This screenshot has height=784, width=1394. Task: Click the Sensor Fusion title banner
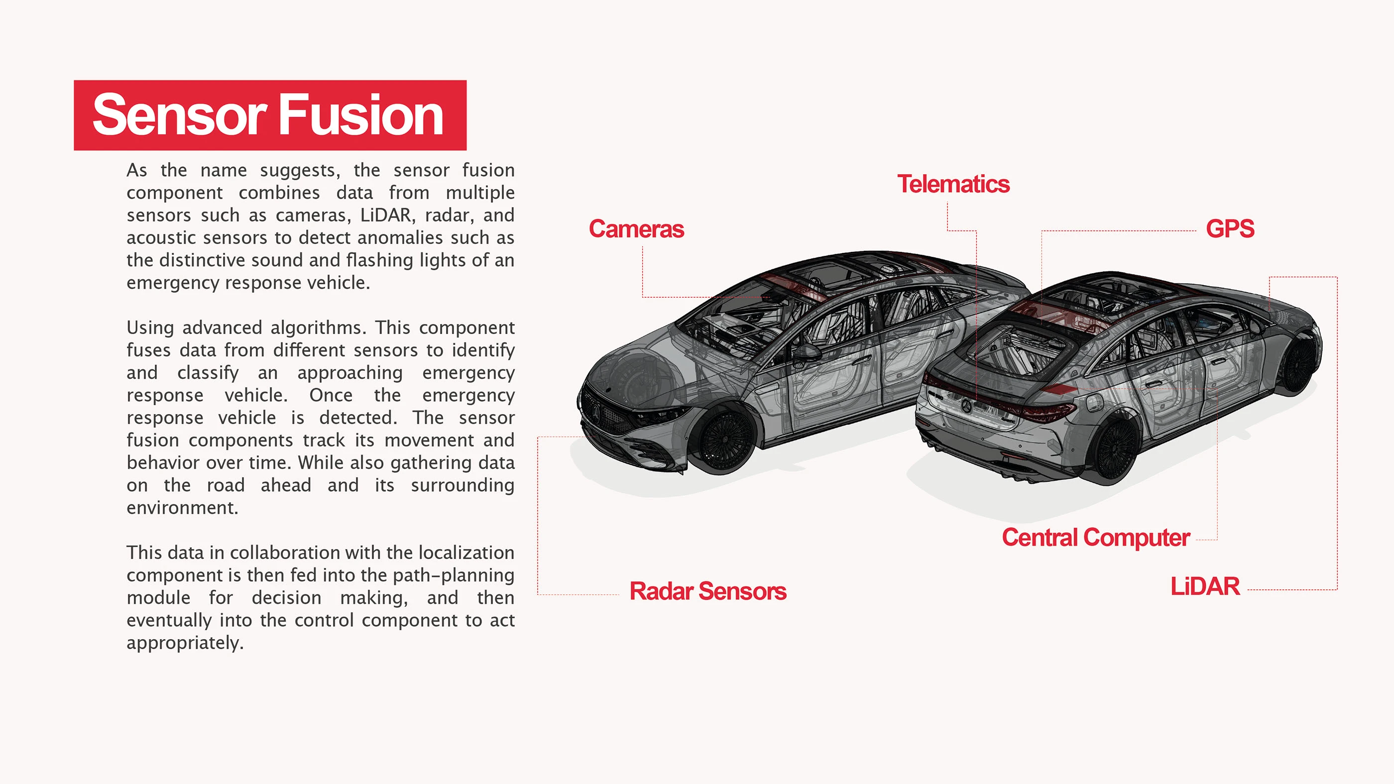(x=270, y=115)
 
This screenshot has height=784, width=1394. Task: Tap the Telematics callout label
(x=953, y=184)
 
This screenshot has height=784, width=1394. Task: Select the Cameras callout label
(x=636, y=229)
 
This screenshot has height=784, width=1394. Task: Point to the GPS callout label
(x=1230, y=228)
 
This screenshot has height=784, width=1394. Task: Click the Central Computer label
(x=1096, y=538)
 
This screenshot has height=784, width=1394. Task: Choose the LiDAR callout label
(x=1205, y=586)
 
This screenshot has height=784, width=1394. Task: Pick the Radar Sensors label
(x=708, y=591)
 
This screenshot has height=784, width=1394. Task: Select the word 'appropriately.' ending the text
(x=185, y=643)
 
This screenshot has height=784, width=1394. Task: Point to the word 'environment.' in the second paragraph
(x=182, y=508)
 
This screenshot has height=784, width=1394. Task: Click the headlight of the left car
(x=662, y=417)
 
